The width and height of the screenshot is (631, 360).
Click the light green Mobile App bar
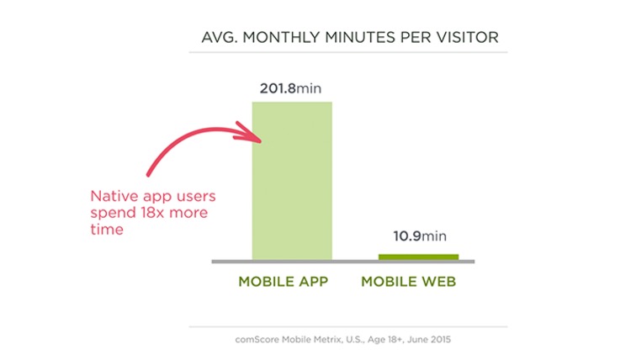[x=292, y=181]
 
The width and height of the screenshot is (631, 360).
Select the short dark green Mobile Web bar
[x=418, y=257]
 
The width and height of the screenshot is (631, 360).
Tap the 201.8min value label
[x=290, y=88]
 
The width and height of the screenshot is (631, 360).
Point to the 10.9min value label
[x=420, y=236]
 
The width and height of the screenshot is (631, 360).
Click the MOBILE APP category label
[x=284, y=282]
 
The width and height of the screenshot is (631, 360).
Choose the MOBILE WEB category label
[x=408, y=282]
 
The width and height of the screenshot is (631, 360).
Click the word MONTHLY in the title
[x=281, y=37]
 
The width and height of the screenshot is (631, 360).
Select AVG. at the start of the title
[x=220, y=37]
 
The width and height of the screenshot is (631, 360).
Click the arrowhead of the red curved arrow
[x=250, y=133]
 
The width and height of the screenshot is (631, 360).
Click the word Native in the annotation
[x=114, y=196]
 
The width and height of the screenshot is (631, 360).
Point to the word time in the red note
[x=107, y=229]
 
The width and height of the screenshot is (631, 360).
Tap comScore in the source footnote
[x=257, y=340]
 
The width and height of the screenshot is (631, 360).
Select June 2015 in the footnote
[x=429, y=340]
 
